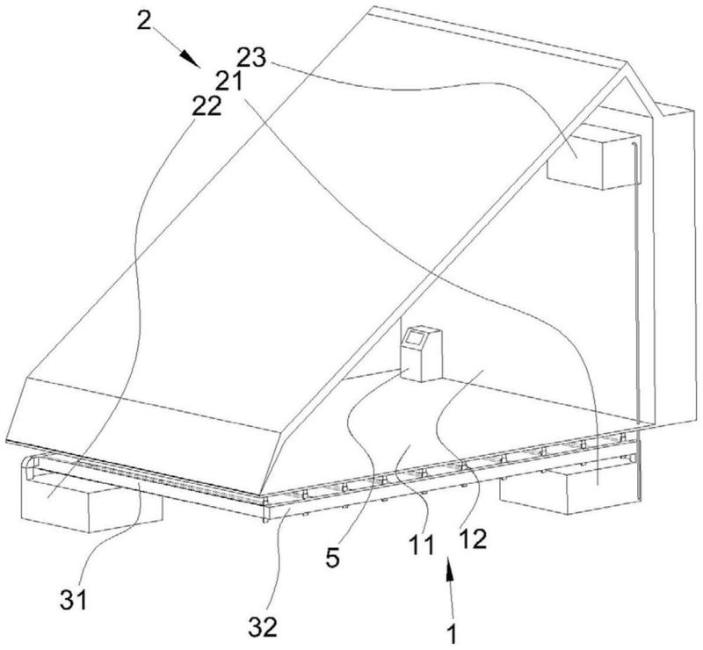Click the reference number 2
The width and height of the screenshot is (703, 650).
(x=144, y=20)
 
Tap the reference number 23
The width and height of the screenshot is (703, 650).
(x=251, y=58)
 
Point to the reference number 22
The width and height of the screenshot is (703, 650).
(x=207, y=106)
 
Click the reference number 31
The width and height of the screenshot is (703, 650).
(x=74, y=600)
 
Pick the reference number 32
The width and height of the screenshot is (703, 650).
(x=263, y=626)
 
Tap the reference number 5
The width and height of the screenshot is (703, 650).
(x=332, y=558)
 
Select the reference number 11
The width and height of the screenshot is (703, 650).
(x=421, y=545)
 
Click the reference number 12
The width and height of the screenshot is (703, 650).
(x=473, y=539)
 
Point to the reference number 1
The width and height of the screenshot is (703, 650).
(x=453, y=633)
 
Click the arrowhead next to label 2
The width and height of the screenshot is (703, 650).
(x=192, y=59)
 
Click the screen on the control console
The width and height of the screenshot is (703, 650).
(x=415, y=337)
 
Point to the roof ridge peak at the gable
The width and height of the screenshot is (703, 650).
(x=626, y=62)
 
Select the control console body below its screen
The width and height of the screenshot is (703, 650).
(x=421, y=363)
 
